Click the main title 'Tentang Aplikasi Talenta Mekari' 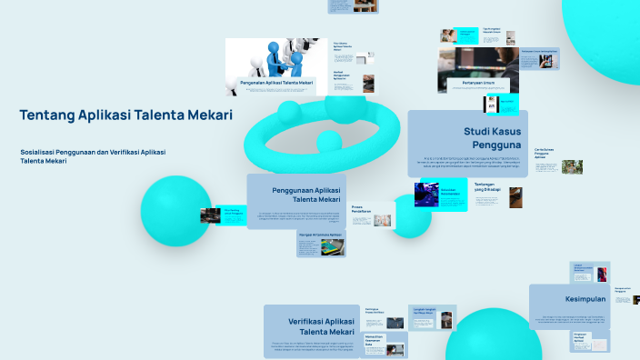tap(125, 115)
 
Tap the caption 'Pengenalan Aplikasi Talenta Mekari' tap(276, 83)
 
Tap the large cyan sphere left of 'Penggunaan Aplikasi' tap(175, 211)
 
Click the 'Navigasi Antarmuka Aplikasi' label tap(319, 235)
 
